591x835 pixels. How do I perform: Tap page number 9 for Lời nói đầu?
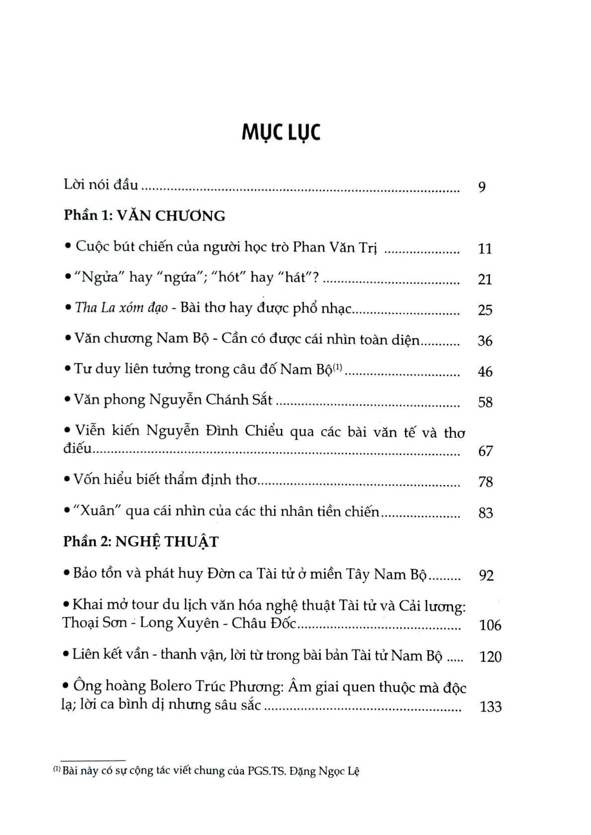click(x=481, y=187)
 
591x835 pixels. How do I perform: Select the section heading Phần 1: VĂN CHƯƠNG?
click(x=145, y=215)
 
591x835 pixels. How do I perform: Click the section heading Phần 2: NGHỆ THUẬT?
click(x=141, y=541)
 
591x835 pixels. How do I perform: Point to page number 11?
click(x=484, y=248)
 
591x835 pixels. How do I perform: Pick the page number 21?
click(x=484, y=279)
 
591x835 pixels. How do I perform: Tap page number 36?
click(x=484, y=341)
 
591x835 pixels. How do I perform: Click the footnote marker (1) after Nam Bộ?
click(x=338, y=367)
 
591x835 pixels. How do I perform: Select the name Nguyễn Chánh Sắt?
click(x=211, y=400)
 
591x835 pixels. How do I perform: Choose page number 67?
click(x=485, y=451)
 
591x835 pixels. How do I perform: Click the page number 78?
click(x=485, y=482)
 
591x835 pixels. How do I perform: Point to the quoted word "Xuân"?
click(x=95, y=511)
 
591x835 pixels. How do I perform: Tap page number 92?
click(x=486, y=575)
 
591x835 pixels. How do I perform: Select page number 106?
click(x=490, y=625)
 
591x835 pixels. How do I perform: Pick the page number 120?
click(x=491, y=657)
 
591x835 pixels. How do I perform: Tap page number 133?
click(x=491, y=706)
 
